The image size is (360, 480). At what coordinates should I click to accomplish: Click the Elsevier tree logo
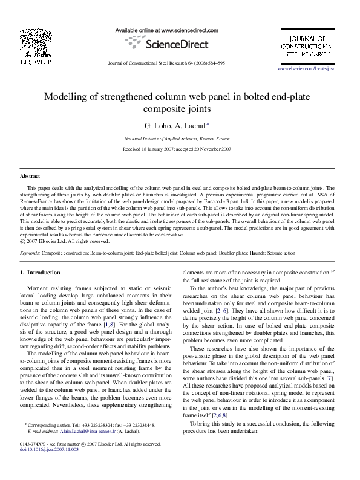(x=28, y=37)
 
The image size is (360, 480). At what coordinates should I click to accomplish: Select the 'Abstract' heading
(x=30, y=175)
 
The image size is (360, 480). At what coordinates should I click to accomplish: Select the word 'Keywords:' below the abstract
(x=30, y=253)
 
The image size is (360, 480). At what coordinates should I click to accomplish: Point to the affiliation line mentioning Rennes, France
(x=180, y=138)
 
